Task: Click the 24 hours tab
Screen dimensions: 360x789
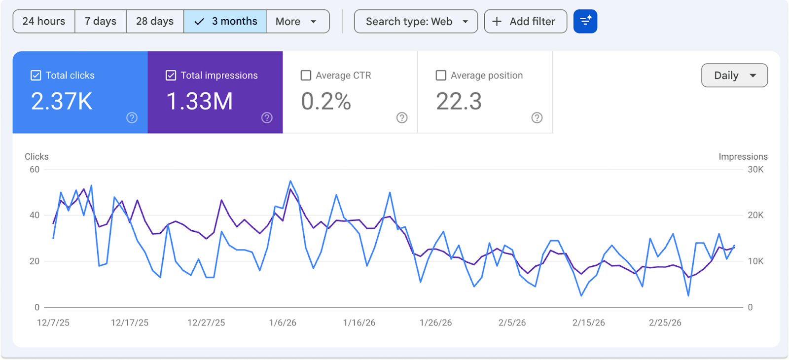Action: pyautogui.click(x=44, y=21)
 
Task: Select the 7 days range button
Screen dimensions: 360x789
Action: pyautogui.click(x=101, y=21)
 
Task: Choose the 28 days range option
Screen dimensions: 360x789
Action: pyautogui.click(x=155, y=21)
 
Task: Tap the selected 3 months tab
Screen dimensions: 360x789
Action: pyautogui.click(x=225, y=21)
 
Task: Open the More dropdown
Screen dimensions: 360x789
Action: pyautogui.click(x=297, y=21)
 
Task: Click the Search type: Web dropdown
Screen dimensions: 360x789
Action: pyautogui.click(x=416, y=21)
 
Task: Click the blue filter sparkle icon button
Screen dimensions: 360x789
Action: pyautogui.click(x=585, y=21)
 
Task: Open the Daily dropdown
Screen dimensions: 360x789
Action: pyautogui.click(x=734, y=75)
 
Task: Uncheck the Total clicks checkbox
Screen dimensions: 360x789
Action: pyautogui.click(x=36, y=75)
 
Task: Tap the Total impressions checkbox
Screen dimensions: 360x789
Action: pyautogui.click(x=171, y=75)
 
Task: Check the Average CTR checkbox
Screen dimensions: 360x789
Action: pyautogui.click(x=306, y=75)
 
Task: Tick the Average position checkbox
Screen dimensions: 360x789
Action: pyautogui.click(x=441, y=75)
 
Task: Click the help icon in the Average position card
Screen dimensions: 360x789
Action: pyautogui.click(x=537, y=117)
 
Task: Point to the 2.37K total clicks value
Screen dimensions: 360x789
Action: pyautogui.click(x=62, y=102)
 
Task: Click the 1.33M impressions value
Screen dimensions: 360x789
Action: pyautogui.click(x=200, y=102)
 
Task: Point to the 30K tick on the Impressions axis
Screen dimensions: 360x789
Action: pyautogui.click(x=755, y=169)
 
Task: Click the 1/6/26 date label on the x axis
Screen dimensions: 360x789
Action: pyautogui.click(x=283, y=323)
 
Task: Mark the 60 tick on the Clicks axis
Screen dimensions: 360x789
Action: pyautogui.click(x=35, y=169)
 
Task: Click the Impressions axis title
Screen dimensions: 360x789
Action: pyautogui.click(x=743, y=156)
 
